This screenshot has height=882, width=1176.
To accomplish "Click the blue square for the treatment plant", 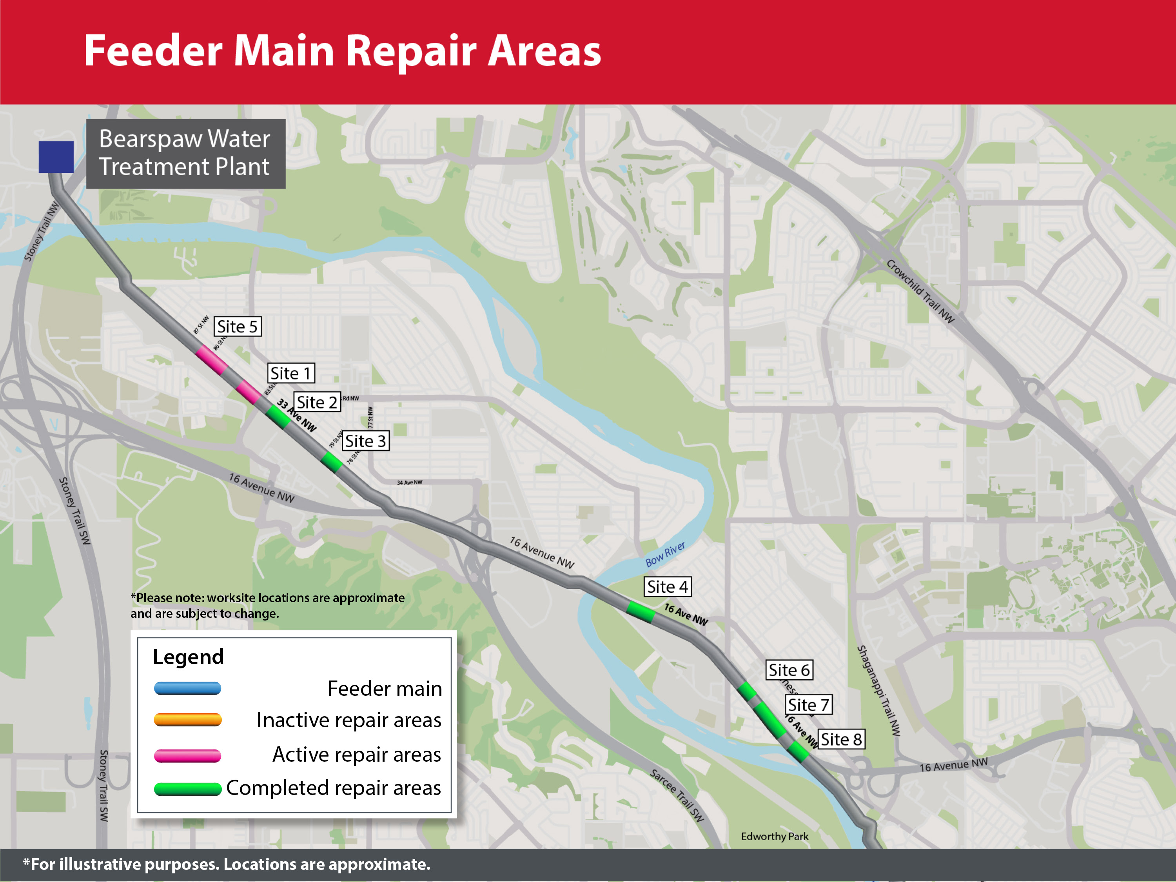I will (x=56, y=157).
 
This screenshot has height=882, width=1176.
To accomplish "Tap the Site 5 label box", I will (x=237, y=327).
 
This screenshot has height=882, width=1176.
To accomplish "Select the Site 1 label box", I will (x=290, y=373).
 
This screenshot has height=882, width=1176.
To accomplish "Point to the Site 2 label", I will (x=317, y=403).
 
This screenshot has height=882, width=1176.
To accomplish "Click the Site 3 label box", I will (x=365, y=441).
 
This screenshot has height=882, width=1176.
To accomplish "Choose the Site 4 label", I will (x=667, y=586).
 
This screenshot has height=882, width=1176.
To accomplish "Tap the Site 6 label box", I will (x=789, y=670).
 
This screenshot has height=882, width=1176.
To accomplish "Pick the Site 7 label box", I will (x=808, y=705).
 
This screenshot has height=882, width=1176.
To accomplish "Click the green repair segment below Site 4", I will (x=640, y=612).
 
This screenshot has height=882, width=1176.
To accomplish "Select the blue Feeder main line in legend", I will (x=187, y=688).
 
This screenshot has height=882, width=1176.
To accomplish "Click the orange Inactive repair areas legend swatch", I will (x=187, y=720).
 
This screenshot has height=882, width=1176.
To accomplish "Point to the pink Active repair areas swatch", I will (x=187, y=755).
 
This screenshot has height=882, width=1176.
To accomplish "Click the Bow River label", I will (x=665, y=555).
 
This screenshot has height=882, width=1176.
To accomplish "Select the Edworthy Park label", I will (x=774, y=836).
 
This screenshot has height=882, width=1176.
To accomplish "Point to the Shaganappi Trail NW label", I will (x=879, y=690).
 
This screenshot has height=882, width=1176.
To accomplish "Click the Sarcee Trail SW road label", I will (x=677, y=795).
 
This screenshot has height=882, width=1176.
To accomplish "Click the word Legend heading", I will (x=188, y=657).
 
